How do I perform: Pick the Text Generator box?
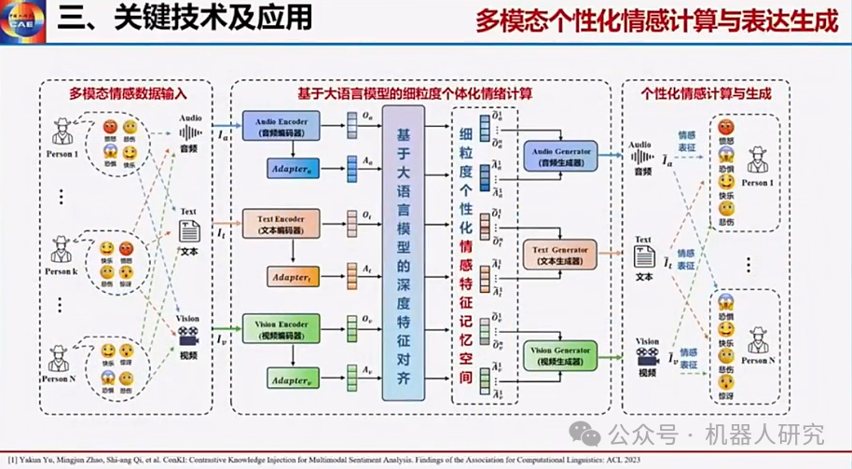tap(559, 254)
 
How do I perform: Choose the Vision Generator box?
tap(558, 355)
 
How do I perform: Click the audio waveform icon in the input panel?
tap(190, 134)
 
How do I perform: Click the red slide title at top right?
tap(657, 21)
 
